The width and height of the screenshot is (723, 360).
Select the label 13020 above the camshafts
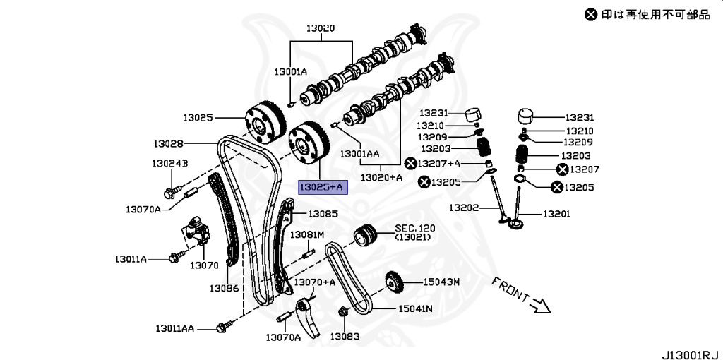click(x=320, y=29)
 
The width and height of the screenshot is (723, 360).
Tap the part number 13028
click(x=168, y=143)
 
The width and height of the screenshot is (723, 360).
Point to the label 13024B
click(x=169, y=164)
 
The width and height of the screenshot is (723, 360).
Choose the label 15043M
click(x=441, y=282)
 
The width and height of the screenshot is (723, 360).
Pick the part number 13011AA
click(x=177, y=328)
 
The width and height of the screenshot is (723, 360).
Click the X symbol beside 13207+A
click(x=410, y=164)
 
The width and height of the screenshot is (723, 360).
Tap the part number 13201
click(x=556, y=213)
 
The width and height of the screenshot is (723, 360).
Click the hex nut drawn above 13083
click(x=343, y=311)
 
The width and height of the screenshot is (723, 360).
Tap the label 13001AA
click(x=359, y=152)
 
